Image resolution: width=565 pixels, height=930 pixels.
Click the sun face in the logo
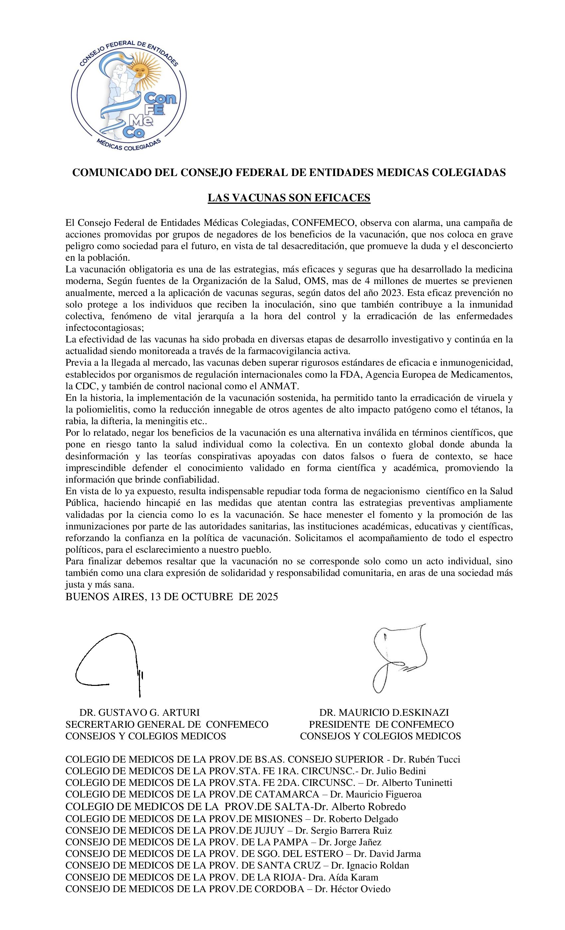coord(141,70)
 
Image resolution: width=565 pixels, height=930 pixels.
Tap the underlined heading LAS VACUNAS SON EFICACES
coord(289,198)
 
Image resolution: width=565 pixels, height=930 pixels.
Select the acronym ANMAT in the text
coord(279,386)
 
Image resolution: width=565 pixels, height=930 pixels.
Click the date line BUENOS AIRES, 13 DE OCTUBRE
coord(171,597)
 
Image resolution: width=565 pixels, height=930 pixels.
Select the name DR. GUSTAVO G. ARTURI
coord(139,712)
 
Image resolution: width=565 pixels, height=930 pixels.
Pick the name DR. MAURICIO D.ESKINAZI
coord(384,712)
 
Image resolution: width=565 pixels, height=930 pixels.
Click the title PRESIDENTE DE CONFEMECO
coord(382,724)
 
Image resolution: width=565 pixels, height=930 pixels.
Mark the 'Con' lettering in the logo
coord(160,99)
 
